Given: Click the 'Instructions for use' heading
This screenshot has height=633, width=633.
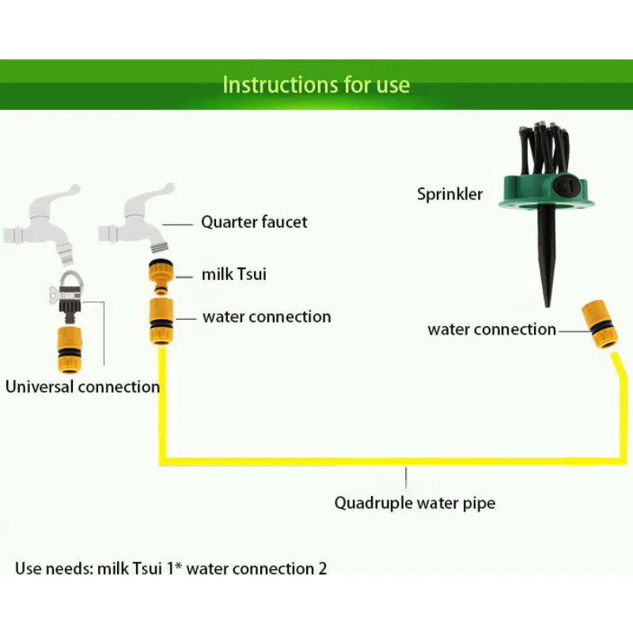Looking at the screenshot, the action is [316, 85].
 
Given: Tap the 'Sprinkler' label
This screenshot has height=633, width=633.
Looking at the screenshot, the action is [449, 194].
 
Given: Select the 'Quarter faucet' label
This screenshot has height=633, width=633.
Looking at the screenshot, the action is [254, 222].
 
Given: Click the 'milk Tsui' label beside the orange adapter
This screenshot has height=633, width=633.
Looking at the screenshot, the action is [233, 274].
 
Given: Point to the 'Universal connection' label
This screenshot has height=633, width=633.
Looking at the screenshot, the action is [82, 387].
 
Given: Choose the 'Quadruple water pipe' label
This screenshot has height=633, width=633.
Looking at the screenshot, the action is [415, 503].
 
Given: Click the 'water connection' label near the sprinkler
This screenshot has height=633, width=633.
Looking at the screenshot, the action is [491, 329].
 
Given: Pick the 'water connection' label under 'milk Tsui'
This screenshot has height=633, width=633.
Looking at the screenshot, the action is [267, 317].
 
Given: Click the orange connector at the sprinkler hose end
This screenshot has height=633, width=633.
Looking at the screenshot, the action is [600, 324].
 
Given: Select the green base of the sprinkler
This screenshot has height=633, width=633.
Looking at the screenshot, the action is [546, 193].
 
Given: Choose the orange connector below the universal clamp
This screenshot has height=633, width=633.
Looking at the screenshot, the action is [70, 350].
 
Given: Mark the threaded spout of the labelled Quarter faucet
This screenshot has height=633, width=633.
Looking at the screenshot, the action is [159, 246].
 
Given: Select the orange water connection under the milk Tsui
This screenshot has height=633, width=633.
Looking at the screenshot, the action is [161, 321].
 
